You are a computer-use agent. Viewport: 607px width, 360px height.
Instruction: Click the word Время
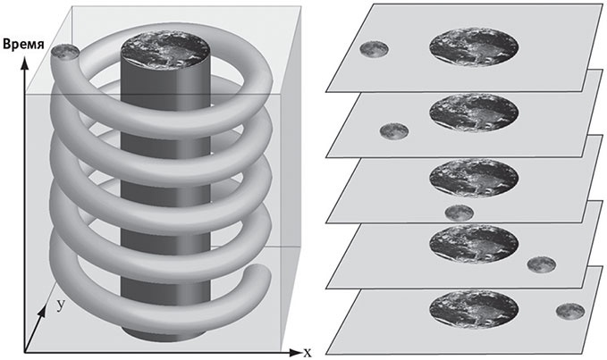(23, 45)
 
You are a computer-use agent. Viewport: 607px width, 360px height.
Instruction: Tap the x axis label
(307, 352)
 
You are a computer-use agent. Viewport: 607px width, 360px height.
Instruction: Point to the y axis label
(61, 306)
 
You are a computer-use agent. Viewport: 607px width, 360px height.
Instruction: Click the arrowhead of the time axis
(25, 63)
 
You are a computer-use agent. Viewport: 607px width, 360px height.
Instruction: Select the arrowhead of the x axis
(295, 352)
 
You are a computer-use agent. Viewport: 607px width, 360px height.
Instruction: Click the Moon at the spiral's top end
(65, 52)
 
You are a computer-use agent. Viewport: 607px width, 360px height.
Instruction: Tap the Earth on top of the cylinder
(165, 49)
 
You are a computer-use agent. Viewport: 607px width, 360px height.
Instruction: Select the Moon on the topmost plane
(374, 49)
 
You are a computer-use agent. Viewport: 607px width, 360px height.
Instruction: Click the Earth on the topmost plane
(474, 46)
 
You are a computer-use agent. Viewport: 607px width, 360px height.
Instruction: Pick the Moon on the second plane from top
(394, 130)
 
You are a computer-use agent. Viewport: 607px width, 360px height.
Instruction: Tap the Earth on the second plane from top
(474, 113)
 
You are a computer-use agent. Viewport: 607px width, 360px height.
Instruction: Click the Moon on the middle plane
(459, 213)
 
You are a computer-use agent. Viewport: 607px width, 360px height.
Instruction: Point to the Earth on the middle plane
(474, 178)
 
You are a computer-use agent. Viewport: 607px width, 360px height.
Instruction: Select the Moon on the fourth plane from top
(542, 264)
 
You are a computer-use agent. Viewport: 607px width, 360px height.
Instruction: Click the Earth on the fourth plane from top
(474, 244)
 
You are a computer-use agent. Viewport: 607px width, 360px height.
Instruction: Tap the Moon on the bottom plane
(570, 311)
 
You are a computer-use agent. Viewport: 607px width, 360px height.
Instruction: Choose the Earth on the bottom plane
(474, 309)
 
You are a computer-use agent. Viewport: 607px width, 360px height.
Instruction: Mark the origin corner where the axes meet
(25, 352)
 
